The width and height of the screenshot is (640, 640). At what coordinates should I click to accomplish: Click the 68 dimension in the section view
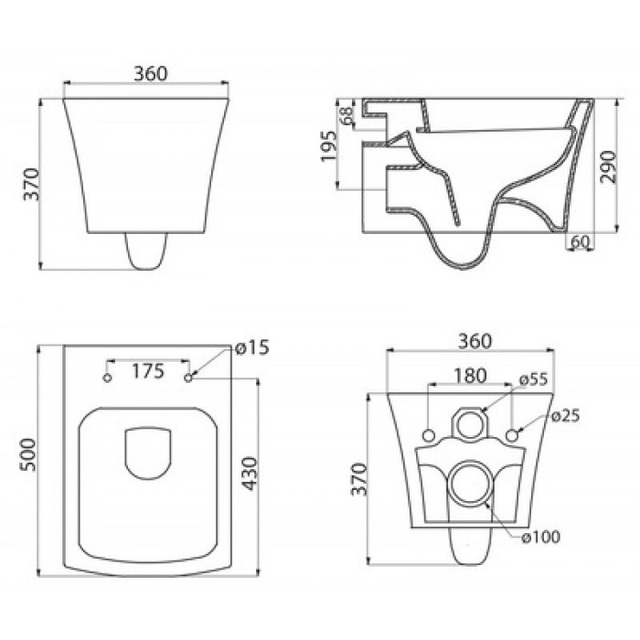[x=347, y=115]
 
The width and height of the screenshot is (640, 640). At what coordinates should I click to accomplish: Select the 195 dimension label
[x=329, y=146]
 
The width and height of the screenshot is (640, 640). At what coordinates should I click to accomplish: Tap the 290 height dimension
[x=608, y=166]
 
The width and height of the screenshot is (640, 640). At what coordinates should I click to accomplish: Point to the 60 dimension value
[x=580, y=242]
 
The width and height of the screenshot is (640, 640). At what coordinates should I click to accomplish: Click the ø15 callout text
[x=252, y=347]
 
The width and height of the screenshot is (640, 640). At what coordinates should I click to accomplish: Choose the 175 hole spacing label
[x=148, y=371]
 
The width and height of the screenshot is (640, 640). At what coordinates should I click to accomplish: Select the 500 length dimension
[x=28, y=454]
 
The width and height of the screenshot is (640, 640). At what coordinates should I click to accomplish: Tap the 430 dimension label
[x=249, y=474]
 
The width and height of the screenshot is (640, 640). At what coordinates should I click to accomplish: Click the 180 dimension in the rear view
[x=470, y=376]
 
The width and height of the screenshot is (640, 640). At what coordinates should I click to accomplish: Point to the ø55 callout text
[x=533, y=379]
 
